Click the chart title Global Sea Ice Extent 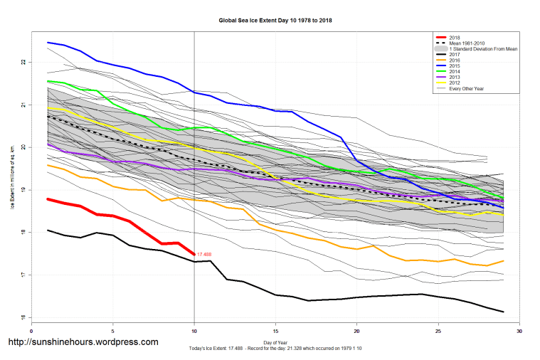point(275,21)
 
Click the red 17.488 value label point(205,254)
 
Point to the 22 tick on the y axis point(23,63)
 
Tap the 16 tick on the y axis point(23,317)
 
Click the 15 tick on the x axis point(275,330)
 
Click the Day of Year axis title point(275,343)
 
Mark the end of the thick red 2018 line point(194,254)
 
